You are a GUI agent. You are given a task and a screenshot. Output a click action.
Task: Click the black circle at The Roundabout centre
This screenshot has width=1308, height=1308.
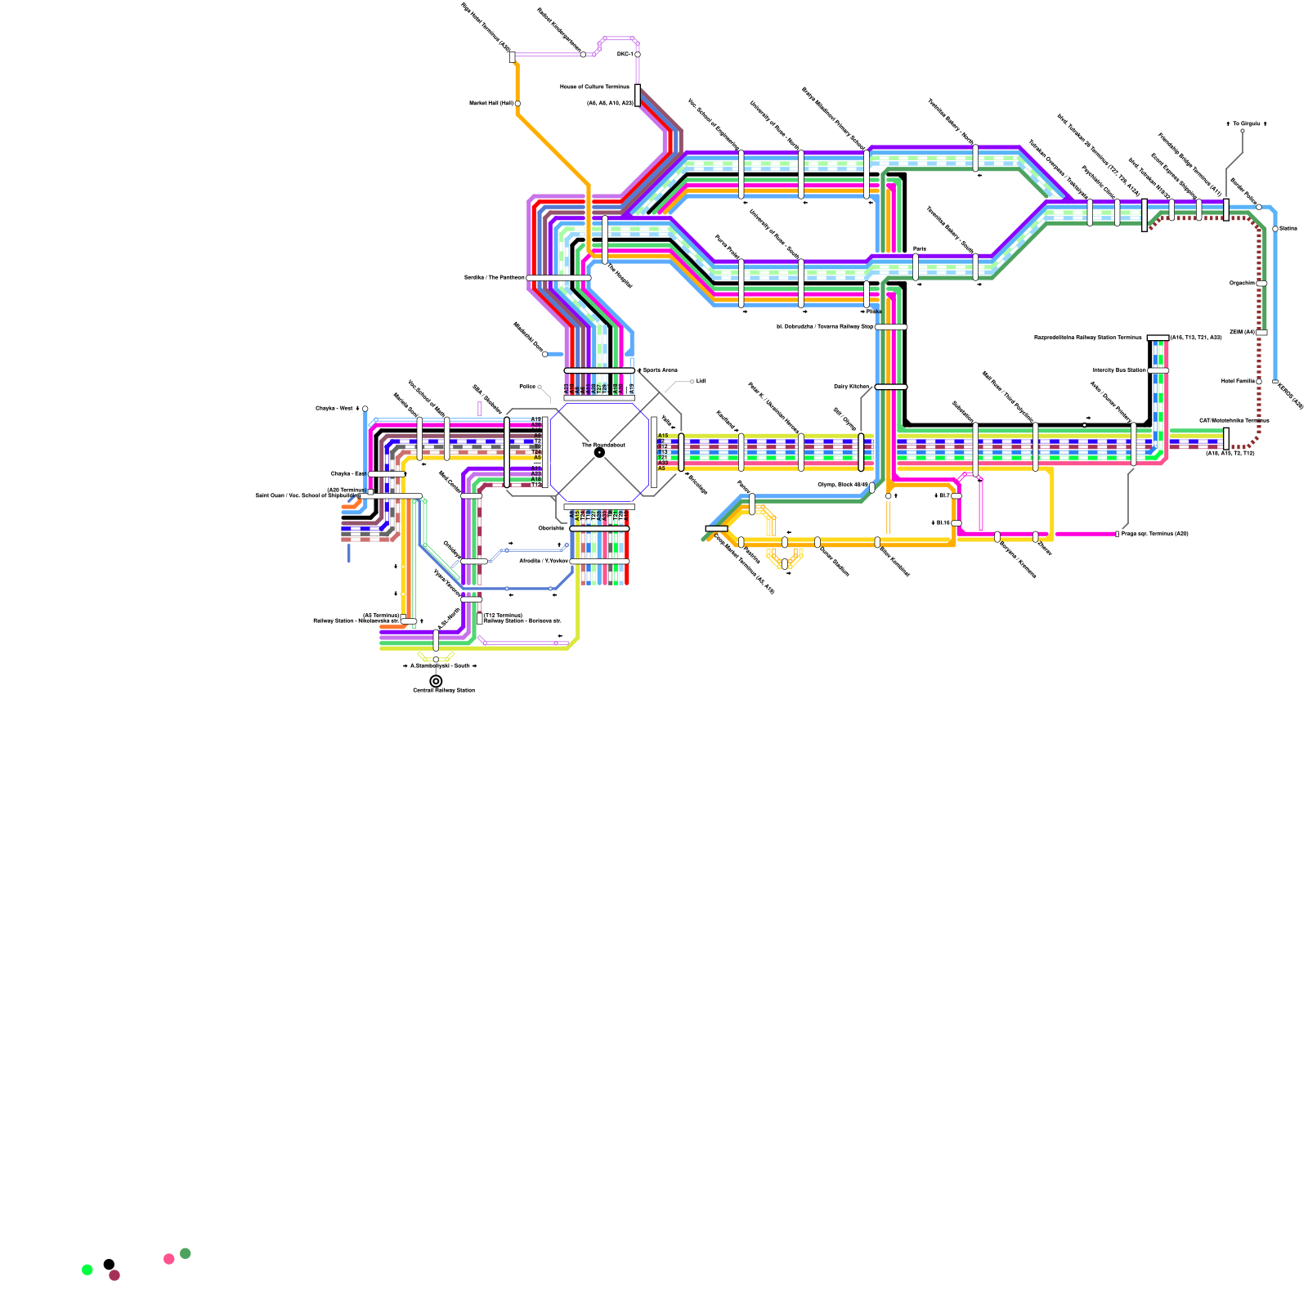pyautogui.click(x=599, y=452)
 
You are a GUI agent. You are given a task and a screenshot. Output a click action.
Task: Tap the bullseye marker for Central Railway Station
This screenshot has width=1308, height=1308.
pyautogui.click(x=436, y=681)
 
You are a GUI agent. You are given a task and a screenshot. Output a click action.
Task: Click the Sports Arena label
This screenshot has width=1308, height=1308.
pyautogui.click(x=660, y=370)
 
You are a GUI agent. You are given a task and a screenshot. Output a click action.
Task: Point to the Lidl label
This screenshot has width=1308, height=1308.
pyautogui.click(x=701, y=381)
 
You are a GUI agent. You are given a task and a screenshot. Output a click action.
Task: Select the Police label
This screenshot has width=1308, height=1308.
pyautogui.click(x=527, y=387)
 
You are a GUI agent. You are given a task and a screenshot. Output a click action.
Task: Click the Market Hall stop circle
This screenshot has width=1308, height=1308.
pyautogui.click(x=517, y=104)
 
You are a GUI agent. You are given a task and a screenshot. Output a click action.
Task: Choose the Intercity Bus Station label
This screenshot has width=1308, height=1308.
pyautogui.click(x=1119, y=370)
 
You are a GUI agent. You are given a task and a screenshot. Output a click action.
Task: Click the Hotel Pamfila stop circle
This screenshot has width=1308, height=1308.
pyautogui.click(x=1259, y=381)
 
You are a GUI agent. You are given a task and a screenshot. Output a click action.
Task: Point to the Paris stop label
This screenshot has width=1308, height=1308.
pyautogui.click(x=920, y=249)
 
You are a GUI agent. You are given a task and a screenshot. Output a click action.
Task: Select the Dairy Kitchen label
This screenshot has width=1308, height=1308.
pyautogui.click(x=851, y=387)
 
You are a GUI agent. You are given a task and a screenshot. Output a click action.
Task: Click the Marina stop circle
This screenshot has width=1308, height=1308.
pyautogui.click(x=1275, y=229)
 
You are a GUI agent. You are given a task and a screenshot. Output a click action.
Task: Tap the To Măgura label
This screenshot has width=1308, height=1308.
pyautogui.click(x=1247, y=123)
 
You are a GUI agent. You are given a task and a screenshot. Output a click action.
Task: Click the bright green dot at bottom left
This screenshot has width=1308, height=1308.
pyautogui.click(x=87, y=1270)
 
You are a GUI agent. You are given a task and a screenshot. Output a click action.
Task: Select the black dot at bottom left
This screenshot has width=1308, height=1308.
pyautogui.click(x=109, y=1265)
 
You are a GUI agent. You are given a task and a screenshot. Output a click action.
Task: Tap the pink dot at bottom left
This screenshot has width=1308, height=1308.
pyautogui.click(x=169, y=1259)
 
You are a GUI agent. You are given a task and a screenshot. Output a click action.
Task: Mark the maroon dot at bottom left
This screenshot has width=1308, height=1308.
pyautogui.click(x=114, y=1275)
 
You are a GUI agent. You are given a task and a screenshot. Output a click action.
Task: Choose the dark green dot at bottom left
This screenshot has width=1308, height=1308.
pyautogui.click(x=186, y=1253)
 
